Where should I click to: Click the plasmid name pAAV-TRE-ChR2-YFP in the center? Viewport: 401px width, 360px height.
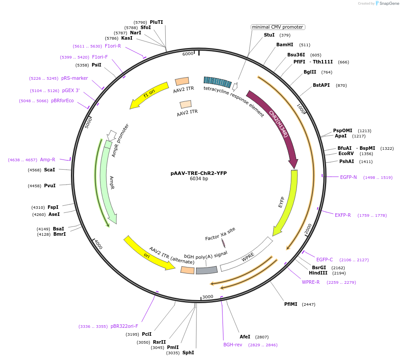pos(198,173)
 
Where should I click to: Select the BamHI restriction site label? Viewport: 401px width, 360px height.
pos(284,45)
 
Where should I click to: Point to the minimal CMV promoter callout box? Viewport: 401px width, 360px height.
pos(278,27)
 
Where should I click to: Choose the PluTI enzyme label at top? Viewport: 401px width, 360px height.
pos(156,22)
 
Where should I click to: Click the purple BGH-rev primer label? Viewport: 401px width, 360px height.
pos(233,345)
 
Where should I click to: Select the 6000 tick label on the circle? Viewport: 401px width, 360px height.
pos(188,53)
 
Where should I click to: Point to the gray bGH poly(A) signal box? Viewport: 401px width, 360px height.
pos(207,270)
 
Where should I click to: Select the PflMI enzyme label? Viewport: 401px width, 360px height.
pos(291,304)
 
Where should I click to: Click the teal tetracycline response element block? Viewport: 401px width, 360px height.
pos(218,81)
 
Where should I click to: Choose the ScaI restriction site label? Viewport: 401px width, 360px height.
pos(49,170)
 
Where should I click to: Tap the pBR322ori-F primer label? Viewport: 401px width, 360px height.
pos(124,326)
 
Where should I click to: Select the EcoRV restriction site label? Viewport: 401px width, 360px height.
pos(346,153)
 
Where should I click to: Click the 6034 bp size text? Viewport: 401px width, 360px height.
pos(199,179)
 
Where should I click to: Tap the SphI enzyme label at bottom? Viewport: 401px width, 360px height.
pos(188,353)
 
